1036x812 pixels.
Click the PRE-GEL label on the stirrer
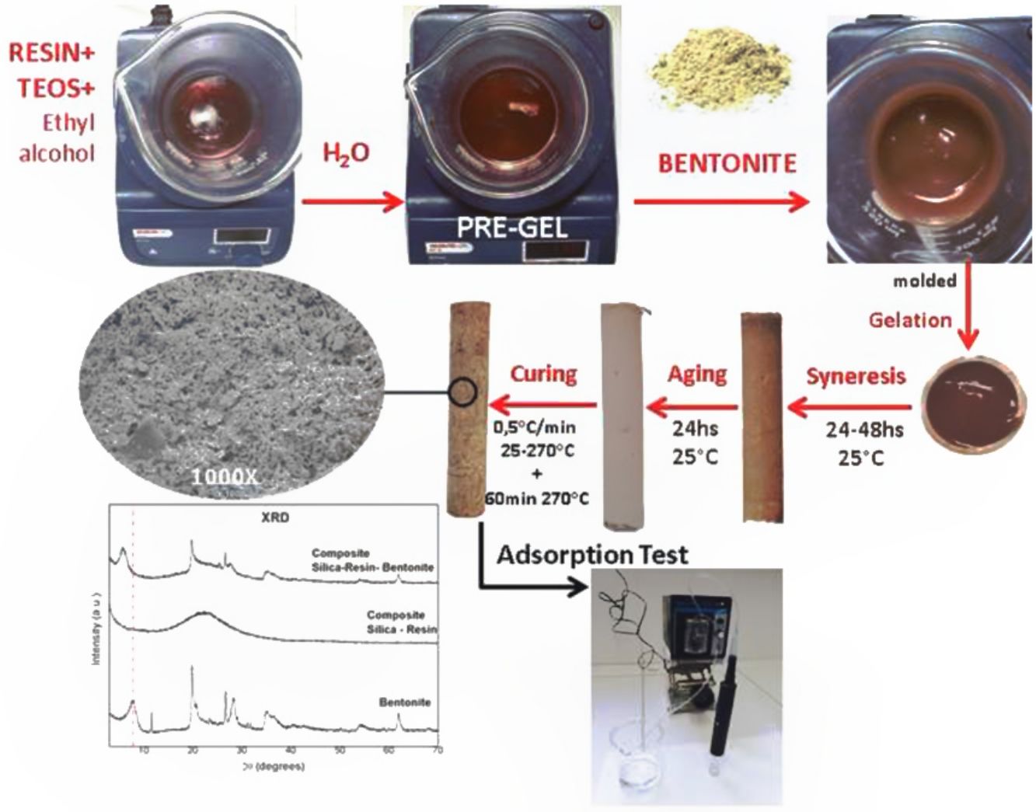[x=512, y=228]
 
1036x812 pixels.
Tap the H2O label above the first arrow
[x=345, y=154]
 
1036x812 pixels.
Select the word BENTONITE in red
[x=727, y=163]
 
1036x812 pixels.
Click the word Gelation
[x=910, y=319]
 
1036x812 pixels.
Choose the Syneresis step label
[x=856, y=377]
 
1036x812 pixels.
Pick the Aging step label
[x=697, y=374]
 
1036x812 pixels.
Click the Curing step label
[x=543, y=374]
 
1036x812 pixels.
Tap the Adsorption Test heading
[x=592, y=555]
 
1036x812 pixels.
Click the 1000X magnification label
[x=223, y=474]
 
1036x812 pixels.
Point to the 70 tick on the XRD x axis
[x=438, y=751]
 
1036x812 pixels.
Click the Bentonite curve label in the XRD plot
[x=404, y=702]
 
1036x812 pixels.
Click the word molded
[x=924, y=281]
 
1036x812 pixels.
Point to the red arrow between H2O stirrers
[x=353, y=203]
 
